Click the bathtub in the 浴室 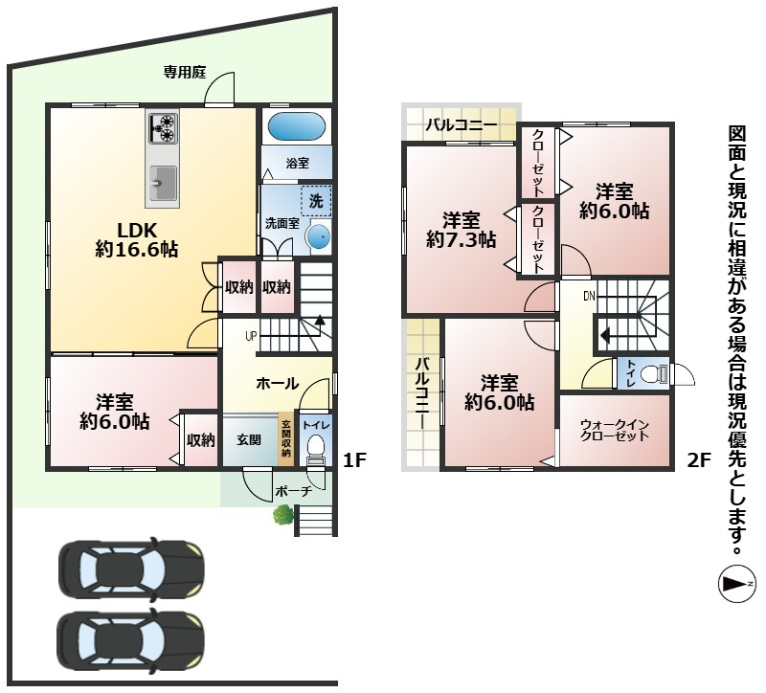pyautogui.click(x=297, y=126)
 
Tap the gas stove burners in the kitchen pyautogui.click(x=164, y=126)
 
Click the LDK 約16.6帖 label pyautogui.click(x=136, y=239)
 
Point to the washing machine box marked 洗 pyautogui.click(x=316, y=201)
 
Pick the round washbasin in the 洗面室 pyautogui.click(x=319, y=236)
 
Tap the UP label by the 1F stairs pyautogui.click(x=251, y=336)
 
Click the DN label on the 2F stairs pyautogui.click(x=589, y=296)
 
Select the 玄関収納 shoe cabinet pyautogui.click(x=285, y=439)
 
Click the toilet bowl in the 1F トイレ pyautogui.click(x=315, y=449)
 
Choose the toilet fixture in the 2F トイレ pyautogui.click(x=654, y=374)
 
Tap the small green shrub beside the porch pyautogui.click(x=283, y=514)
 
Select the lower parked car pyautogui.click(x=130, y=640)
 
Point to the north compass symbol pyautogui.click(x=736, y=583)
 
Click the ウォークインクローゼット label pyautogui.click(x=615, y=431)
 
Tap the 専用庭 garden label pyautogui.click(x=185, y=73)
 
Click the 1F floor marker pyautogui.click(x=354, y=459)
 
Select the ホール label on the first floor pyautogui.click(x=278, y=384)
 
